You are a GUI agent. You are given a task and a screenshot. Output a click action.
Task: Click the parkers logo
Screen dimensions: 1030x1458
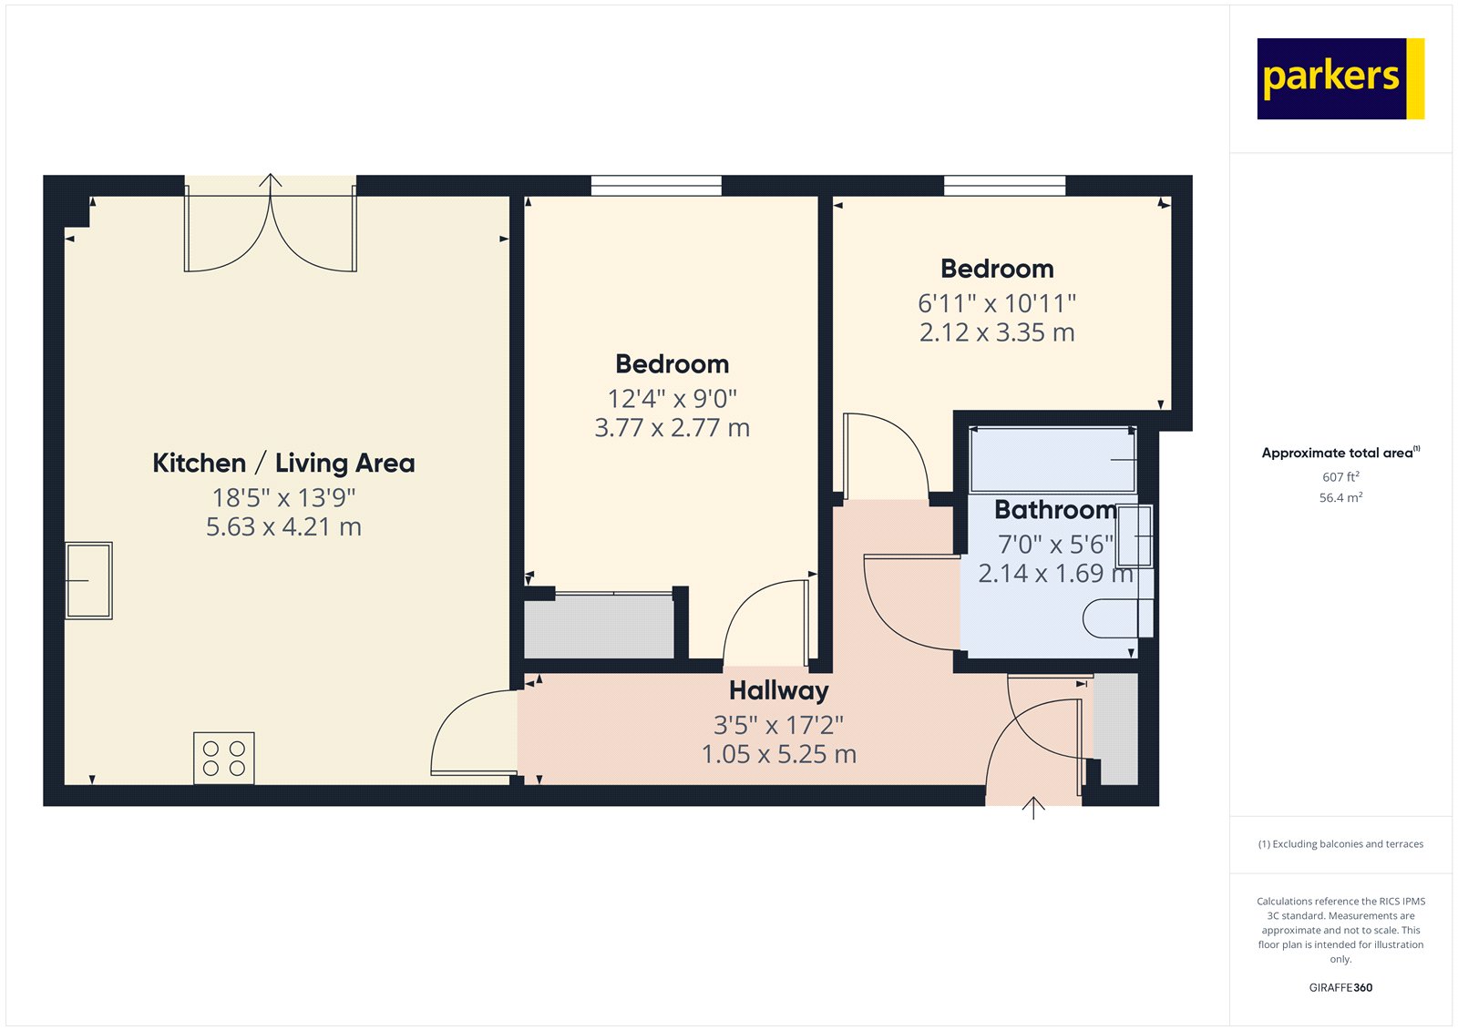point(1340,78)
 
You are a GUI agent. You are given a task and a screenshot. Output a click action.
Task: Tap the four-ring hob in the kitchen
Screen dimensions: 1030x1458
point(223,758)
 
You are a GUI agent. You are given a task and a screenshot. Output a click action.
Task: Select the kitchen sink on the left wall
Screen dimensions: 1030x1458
point(88,581)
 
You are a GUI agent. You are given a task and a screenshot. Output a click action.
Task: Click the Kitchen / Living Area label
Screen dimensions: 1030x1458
point(283,463)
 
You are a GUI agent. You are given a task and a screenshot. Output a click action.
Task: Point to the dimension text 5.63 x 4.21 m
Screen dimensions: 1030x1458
point(283,527)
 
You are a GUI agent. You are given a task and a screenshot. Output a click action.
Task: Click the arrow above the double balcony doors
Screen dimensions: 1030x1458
point(270,180)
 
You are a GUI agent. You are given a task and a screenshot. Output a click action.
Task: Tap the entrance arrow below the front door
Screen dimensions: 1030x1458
point(1032,808)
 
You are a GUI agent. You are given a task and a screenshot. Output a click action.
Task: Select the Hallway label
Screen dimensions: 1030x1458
point(778,690)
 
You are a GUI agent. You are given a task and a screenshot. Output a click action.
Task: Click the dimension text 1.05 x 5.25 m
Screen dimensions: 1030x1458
point(778,754)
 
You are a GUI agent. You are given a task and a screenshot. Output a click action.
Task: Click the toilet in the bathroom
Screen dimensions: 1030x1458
point(1117,618)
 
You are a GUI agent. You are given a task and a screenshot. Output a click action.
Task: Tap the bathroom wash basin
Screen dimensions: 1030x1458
point(1135,536)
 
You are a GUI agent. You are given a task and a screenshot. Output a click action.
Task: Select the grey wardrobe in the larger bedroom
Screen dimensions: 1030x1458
point(599,627)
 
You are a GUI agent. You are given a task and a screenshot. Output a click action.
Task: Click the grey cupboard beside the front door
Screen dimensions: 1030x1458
point(1116,729)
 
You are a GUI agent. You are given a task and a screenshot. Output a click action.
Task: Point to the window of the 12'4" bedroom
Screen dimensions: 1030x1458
point(656,186)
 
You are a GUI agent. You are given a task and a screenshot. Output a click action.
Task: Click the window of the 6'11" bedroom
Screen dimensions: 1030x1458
point(1004,186)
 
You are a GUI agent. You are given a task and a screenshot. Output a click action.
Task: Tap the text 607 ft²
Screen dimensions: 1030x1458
point(1340,477)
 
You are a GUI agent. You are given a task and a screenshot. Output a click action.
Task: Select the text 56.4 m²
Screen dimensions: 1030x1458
point(1340,498)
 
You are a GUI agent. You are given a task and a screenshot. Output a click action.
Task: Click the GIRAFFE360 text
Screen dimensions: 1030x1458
point(1340,987)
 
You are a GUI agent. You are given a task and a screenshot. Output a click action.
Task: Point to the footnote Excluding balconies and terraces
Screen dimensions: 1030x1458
point(1340,844)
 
